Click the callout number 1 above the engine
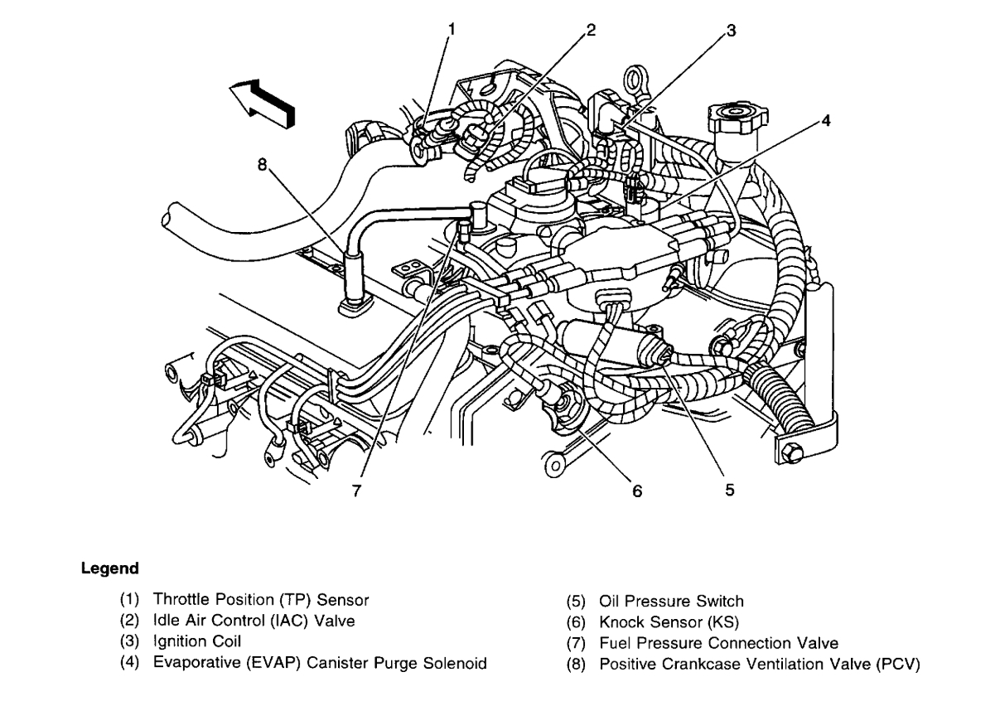tap(452, 28)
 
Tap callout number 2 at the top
tap(590, 30)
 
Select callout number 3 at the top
tap(730, 30)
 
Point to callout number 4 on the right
tap(824, 119)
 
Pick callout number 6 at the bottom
tap(636, 491)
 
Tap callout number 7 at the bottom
tap(356, 491)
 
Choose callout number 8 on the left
tap(263, 164)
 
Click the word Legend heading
tap(109, 569)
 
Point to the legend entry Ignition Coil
tap(197, 641)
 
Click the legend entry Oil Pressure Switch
tap(671, 602)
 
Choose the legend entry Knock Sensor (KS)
tap(669, 621)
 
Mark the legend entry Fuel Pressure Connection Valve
tap(718, 643)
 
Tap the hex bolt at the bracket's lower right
tap(790, 454)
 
